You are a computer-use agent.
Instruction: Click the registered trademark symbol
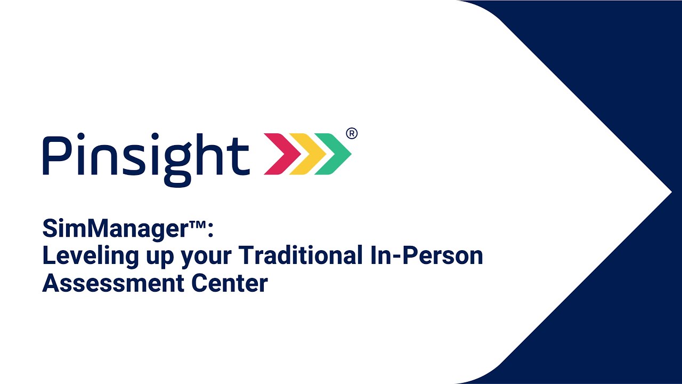point(352,133)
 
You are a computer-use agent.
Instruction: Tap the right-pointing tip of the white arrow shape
point(670,192)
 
